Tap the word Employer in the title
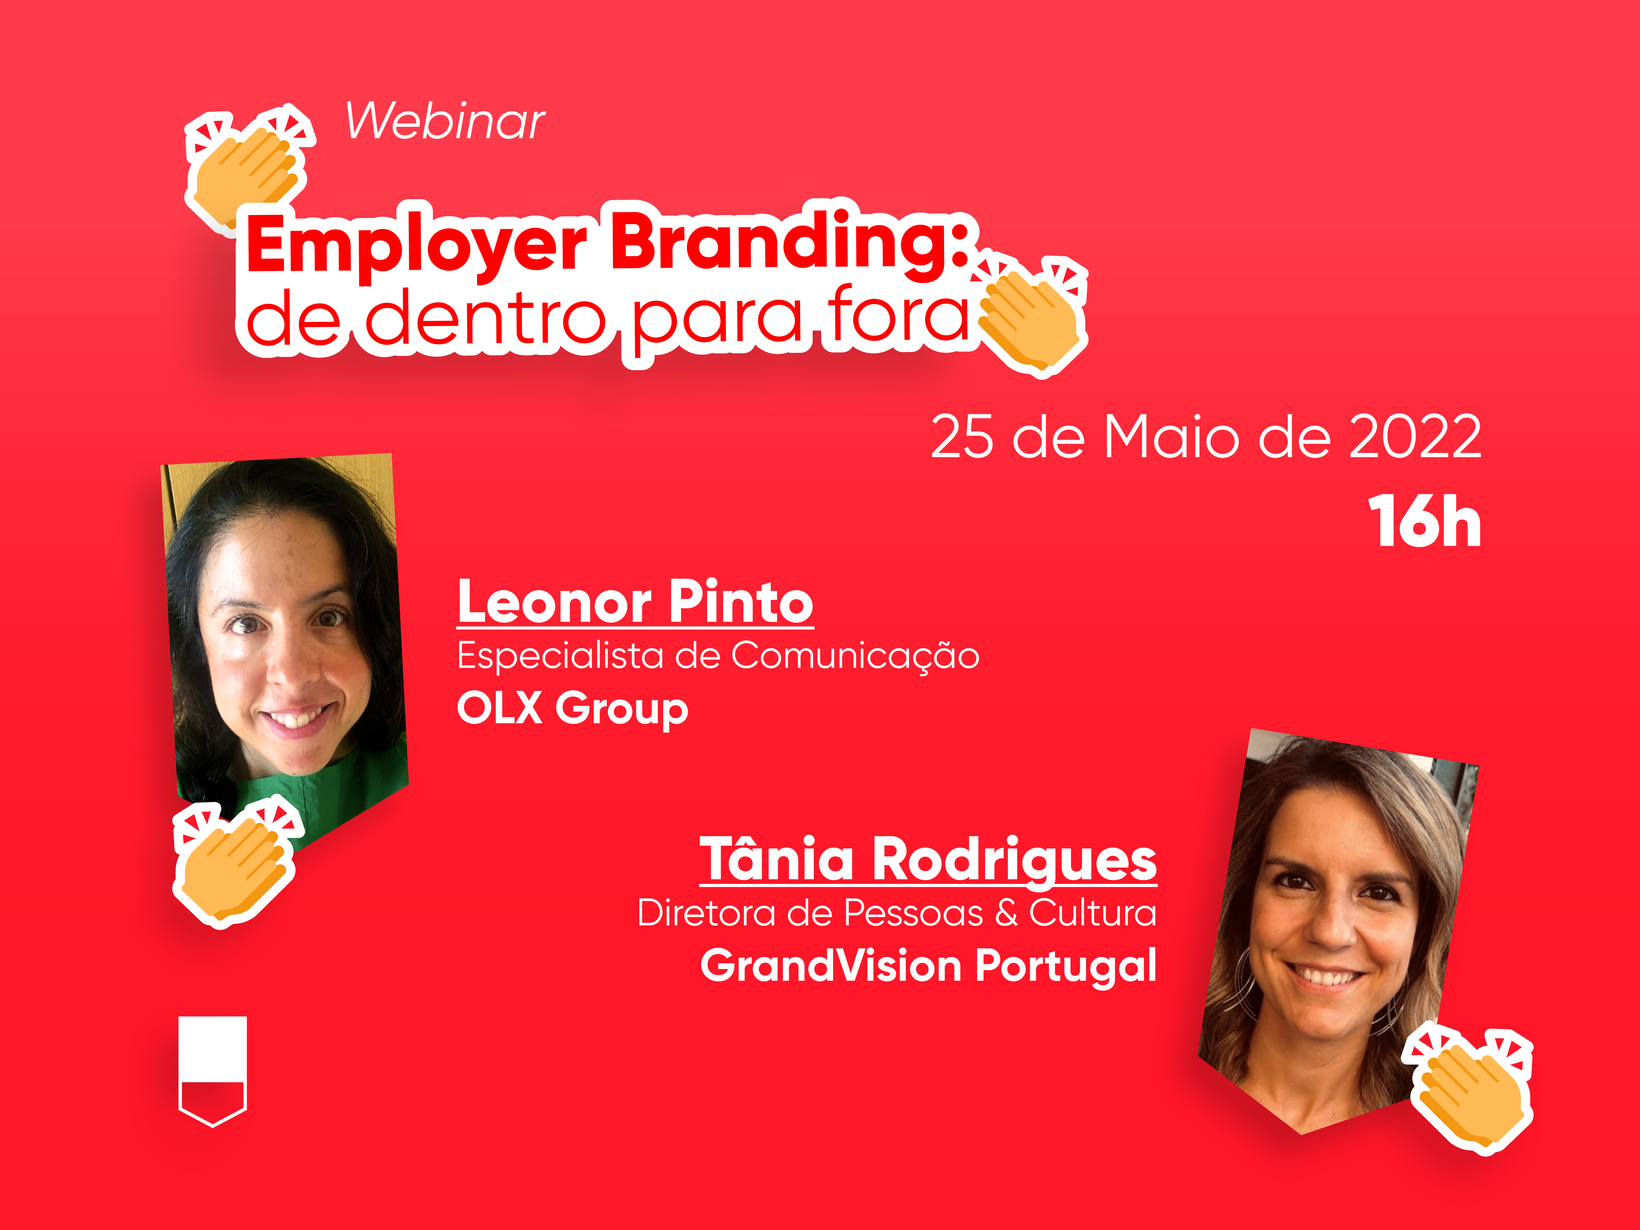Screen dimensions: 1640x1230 [417, 245]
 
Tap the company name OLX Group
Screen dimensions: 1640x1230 [572, 708]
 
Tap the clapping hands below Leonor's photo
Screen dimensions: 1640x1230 [236, 864]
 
